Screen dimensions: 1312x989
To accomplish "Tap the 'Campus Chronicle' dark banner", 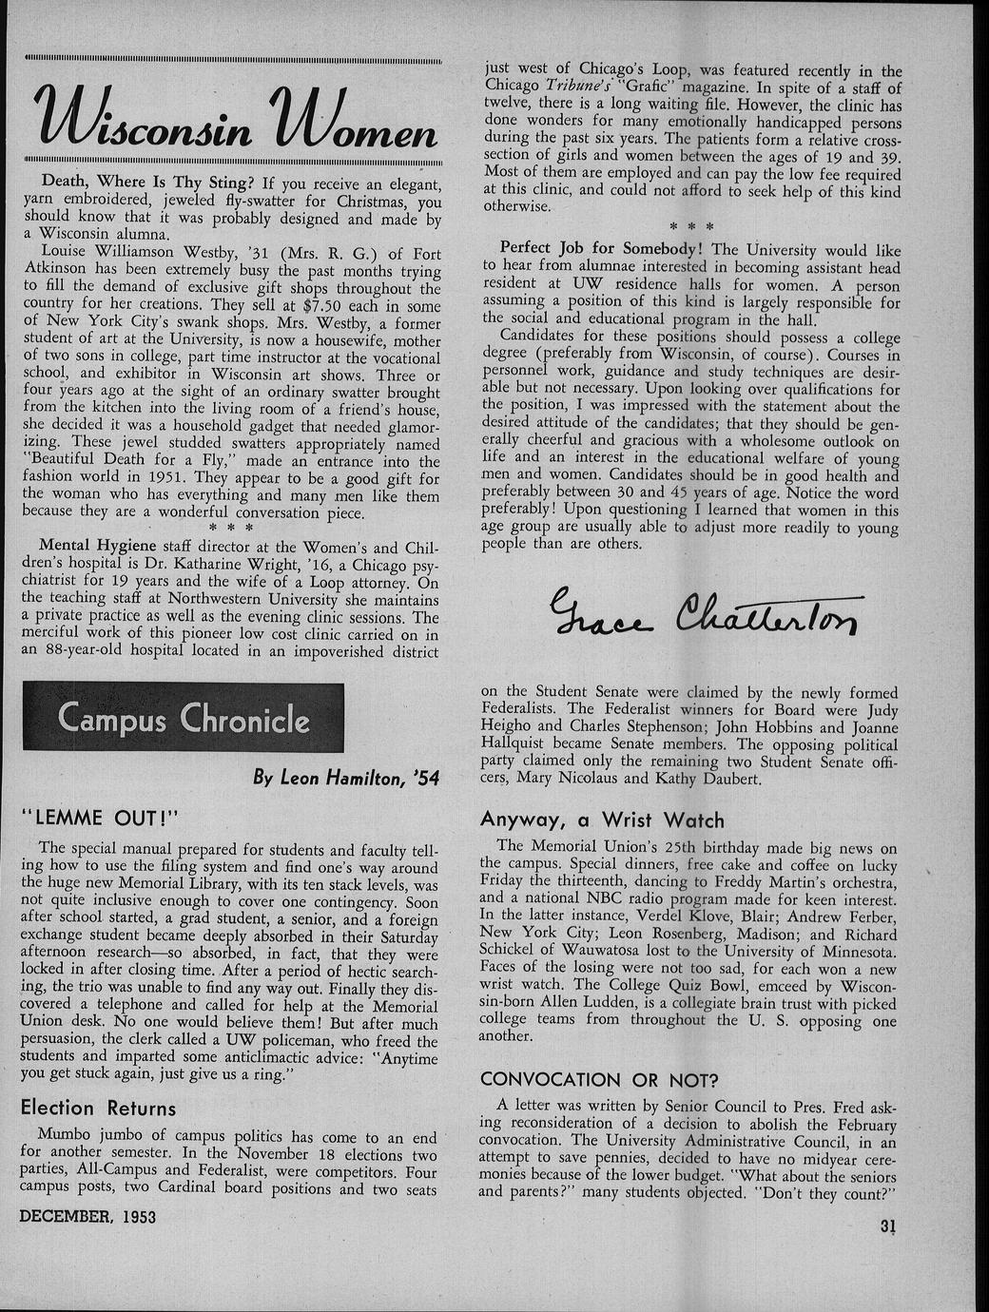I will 184,717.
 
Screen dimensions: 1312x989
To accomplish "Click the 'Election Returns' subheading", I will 98,1108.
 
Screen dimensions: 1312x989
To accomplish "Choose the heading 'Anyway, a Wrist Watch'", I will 602,820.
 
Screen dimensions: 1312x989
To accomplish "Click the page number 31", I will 888,1226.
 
